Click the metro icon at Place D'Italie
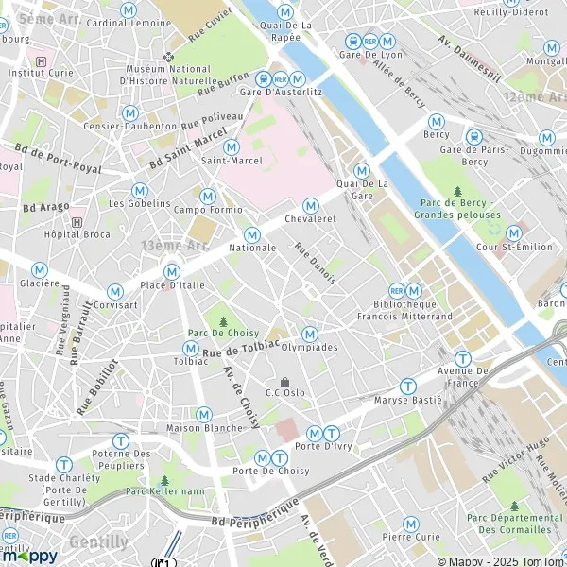[x=172, y=272]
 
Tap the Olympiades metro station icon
[x=310, y=334]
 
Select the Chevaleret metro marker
[x=310, y=206]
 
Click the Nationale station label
[x=252, y=248]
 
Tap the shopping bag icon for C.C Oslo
[x=284, y=381]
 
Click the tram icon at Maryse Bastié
[x=407, y=386]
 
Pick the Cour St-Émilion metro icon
[x=514, y=232]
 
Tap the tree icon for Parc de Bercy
[x=458, y=192]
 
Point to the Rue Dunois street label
[x=315, y=262]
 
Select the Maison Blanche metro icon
[x=203, y=414]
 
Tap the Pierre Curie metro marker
[x=411, y=524]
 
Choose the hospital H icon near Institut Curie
[x=40, y=59]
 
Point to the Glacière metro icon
[x=40, y=269]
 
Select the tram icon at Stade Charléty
[x=63, y=464]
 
